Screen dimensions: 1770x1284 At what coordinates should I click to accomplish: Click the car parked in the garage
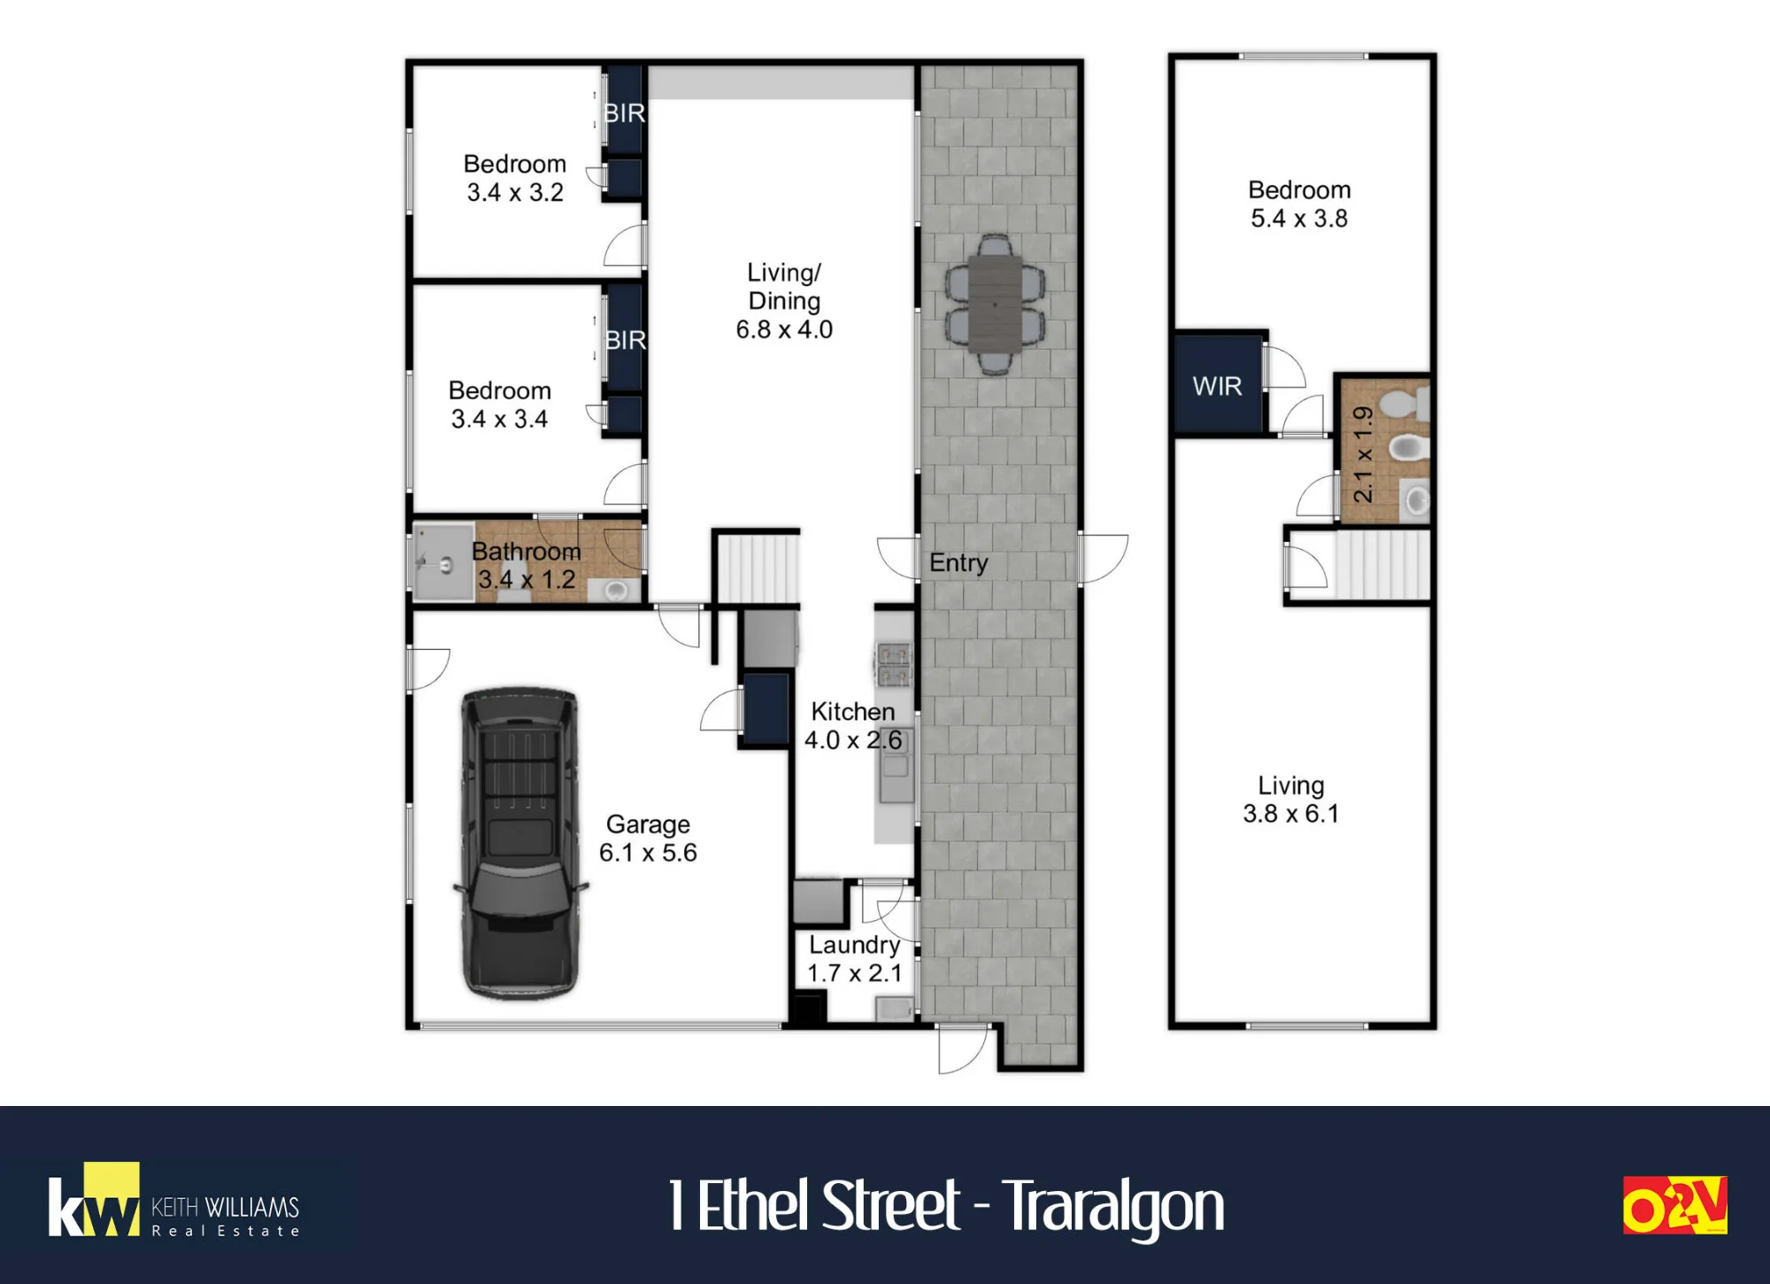point(520,843)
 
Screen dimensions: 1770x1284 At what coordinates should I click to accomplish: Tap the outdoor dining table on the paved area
point(995,304)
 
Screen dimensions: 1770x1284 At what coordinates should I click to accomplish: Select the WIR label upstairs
point(1217,386)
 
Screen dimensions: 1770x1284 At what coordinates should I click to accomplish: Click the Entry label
point(958,562)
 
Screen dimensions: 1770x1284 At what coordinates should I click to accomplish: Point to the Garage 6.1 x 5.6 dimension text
point(648,853)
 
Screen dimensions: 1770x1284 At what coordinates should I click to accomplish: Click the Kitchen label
point(853,711)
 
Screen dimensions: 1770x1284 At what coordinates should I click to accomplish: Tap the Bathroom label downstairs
point(527,551)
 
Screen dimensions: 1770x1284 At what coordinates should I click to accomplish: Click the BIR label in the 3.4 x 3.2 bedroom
point(624,113)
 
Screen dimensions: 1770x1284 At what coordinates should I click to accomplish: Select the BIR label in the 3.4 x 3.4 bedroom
point(626,340)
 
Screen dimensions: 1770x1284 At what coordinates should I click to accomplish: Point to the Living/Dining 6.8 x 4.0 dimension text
point(784,329)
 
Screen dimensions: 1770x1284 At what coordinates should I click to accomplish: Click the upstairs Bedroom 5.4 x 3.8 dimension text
point(1299,219)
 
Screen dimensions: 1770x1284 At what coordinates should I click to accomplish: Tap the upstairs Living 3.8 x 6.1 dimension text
point(1291,814)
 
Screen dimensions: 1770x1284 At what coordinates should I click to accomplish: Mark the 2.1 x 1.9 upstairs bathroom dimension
point(1364,454)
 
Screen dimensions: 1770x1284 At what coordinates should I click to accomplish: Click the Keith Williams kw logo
point(94,1199)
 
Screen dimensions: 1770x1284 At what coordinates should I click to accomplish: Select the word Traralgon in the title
point(1112,1206)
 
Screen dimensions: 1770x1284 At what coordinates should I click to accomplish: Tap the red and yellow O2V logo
point(1674,1205)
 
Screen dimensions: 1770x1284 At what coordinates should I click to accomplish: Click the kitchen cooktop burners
point(893,666)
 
